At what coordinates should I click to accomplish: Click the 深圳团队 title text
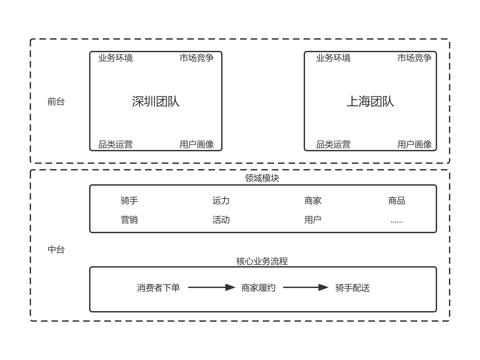tap(155, 101)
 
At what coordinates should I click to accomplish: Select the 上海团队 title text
tap(370, 101)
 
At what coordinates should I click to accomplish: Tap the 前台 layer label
tap(56, 102)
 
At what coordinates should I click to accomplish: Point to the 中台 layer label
tap(56, 250)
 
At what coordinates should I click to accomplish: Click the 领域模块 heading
tap(262, 178)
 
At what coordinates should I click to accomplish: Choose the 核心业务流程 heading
tap(262, 261)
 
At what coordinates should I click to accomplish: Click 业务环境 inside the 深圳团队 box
tap(116, 58)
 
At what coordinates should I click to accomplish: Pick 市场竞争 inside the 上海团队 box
tap(414, 58)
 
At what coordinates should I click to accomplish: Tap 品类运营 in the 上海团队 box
tap(333, 144)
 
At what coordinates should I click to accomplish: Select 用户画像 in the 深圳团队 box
tap(197, 144)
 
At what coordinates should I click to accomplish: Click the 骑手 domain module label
tap(129, 200)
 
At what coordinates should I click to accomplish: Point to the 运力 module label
tap(221, 200)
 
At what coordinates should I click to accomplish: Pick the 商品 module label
tap(397, 200)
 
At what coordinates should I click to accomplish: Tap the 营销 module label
tap(129, 220)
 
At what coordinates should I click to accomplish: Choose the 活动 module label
tap(221, 220)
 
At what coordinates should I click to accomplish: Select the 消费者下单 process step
tap(158, 288)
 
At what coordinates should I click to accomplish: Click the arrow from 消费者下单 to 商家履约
tap(212, 287)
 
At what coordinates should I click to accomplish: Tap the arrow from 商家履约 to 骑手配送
tap(306, 287)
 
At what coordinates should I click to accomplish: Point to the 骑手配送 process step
tap(352, 288)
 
